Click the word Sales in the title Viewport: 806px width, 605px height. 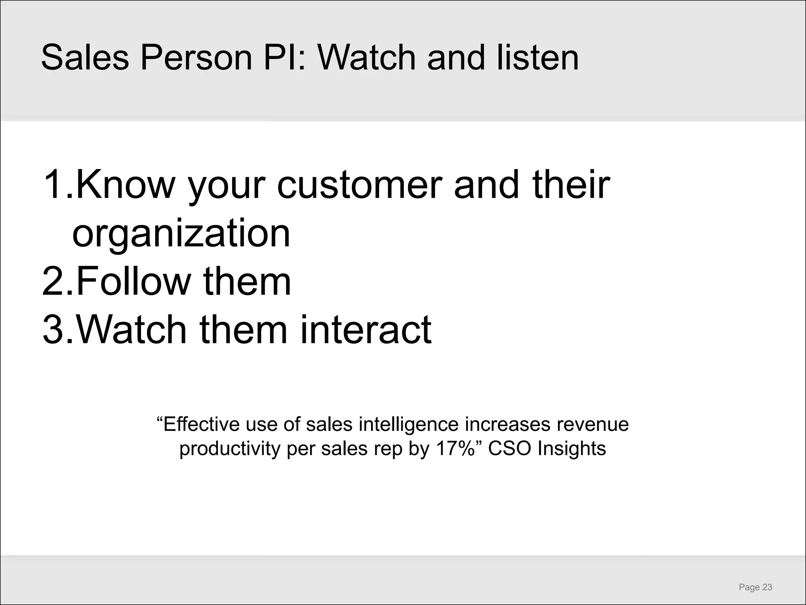[85, 58]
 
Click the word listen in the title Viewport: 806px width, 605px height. [538, 58]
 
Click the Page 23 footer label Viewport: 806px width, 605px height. [755, 587]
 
